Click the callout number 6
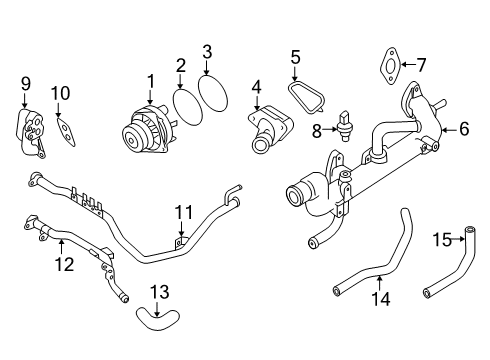tap(464, 128)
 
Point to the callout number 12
tap(63, 265)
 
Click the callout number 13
tap(161, 291)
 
